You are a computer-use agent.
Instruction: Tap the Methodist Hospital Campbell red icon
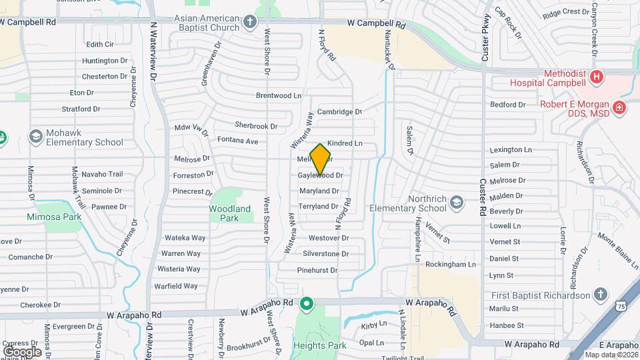tap(597, 77)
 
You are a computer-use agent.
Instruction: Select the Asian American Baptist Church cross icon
tap(250, 23)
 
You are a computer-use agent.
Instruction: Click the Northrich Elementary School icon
tap(457, 202)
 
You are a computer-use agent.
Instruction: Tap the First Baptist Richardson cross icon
tap(600, 295)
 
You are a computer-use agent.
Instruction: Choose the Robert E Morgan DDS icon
tap(619, 107)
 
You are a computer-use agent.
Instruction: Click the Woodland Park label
tap(230, 213)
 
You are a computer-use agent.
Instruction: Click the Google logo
tap(22, 351)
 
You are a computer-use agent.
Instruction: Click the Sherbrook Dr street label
tap(256, 125)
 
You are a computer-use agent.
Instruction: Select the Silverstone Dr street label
tap(326, 253)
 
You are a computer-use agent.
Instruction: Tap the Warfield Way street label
tap(177, 286)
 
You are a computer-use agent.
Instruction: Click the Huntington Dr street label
tap(105, 61)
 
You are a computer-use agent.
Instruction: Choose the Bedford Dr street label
tap(508, 105)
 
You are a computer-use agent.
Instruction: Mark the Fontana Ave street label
tap(237, 141)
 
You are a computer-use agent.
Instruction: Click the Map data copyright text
tap(611, 355)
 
